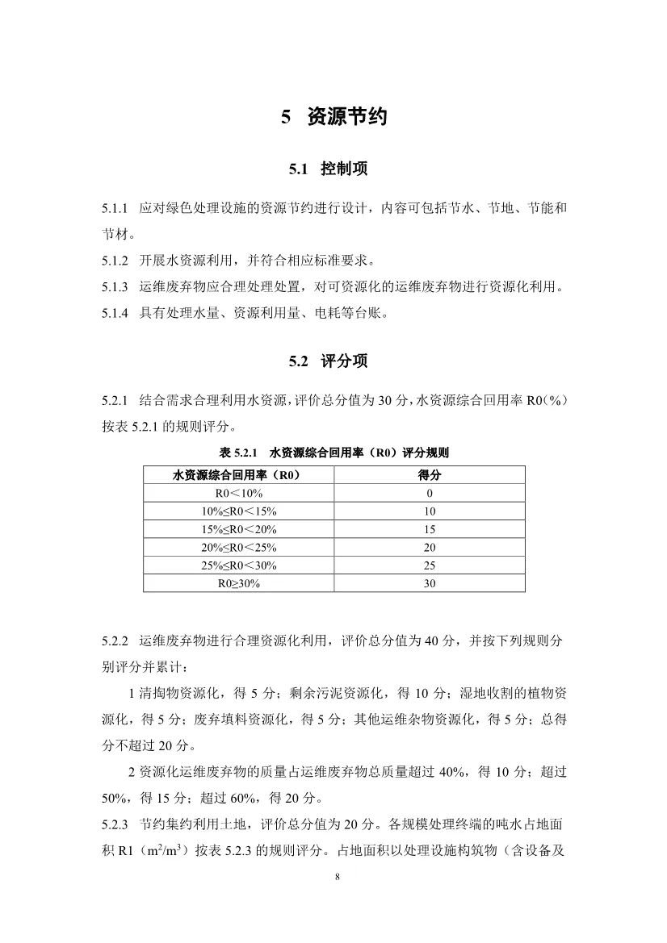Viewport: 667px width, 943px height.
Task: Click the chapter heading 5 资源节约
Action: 333,117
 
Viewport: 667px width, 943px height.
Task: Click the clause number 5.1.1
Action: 115,209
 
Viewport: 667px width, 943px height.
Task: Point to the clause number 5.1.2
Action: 115,261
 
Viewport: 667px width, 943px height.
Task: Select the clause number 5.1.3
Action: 115,287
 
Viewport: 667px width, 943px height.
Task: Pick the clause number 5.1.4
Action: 115,314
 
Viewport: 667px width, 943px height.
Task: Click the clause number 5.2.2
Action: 115,641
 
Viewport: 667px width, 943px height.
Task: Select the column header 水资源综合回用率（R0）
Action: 238,475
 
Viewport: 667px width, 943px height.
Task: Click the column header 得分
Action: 429,475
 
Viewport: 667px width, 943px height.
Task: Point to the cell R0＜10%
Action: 238,493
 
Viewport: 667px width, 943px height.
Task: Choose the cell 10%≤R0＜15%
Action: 238,511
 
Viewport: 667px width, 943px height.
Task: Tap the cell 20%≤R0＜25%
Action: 238,547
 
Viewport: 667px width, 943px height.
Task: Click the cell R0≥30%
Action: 238,583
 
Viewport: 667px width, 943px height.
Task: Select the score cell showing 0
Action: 429,493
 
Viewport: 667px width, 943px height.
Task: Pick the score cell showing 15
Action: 429,529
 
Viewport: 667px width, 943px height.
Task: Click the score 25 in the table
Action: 429,565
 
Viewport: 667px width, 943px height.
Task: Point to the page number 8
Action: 334,878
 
